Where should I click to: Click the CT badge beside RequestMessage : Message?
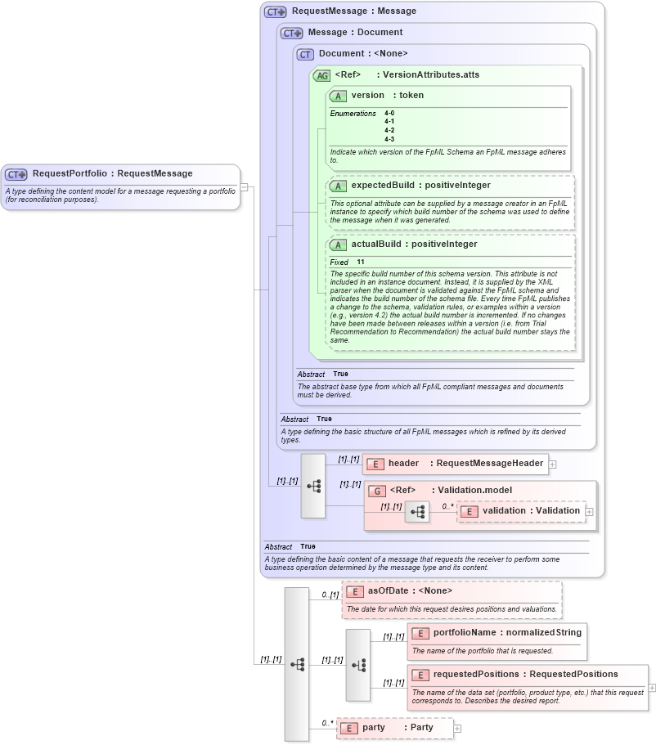click(275, 12)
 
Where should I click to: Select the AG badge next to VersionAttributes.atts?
click(321, 75)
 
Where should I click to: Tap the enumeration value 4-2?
click(389, 130)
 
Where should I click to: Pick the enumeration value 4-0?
click(389, 113)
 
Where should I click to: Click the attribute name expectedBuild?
click(387, 186)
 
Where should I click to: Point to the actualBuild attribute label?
click(379, 245)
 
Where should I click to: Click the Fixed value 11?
click(361, 263)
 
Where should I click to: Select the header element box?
click(455, 464)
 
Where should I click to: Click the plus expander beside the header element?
click(553, 465)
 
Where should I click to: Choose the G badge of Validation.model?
click(377, 491)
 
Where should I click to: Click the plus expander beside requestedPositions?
click(652, 689)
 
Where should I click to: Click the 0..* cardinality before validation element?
click(447, 505)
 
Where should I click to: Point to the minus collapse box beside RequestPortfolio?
click(244, 187)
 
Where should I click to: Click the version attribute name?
click(367, 96)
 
